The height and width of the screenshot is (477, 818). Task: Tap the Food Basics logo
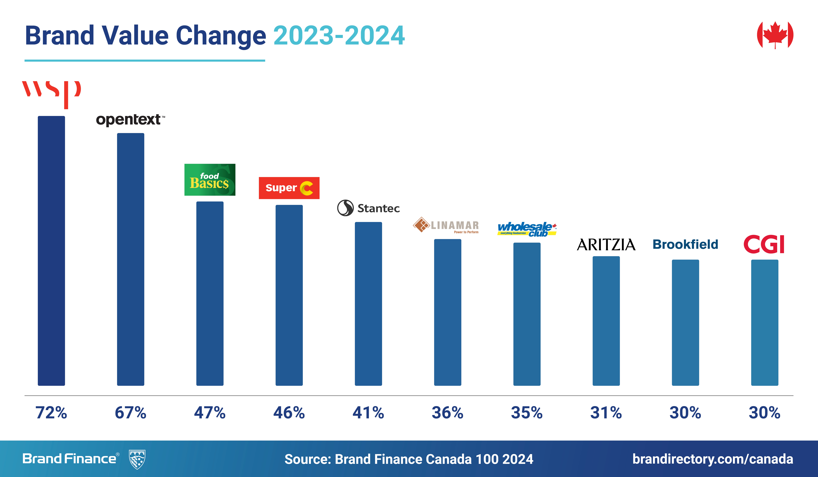click(x=210, y=180)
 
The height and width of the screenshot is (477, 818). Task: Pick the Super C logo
click(x=289, y=188)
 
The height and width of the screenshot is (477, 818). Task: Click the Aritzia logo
click(x=606, y=245)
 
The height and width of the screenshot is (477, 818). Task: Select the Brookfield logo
click(x=685, y=244)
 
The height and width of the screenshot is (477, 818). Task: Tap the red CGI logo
click(x=764, y=244)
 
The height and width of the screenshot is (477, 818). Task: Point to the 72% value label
click(x=51, y=413)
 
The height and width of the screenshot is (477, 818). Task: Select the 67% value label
click(x=130, y=413)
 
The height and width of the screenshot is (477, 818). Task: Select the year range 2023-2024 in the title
click(x=339, y=35)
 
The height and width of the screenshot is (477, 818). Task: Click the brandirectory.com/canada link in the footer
click(x=712, y=459)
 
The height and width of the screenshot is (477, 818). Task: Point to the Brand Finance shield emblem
click(x=137, y=459)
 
